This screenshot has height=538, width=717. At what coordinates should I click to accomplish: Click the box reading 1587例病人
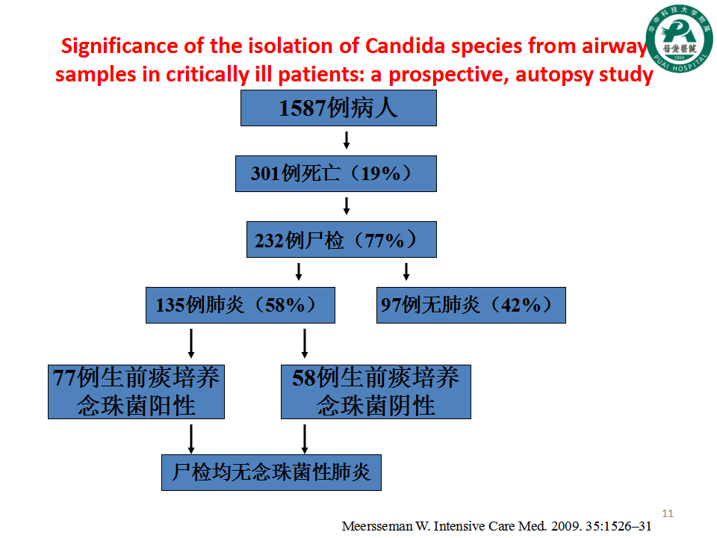click(x=338, y=108)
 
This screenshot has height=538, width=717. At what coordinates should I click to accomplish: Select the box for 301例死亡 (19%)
click(x=336, y=174)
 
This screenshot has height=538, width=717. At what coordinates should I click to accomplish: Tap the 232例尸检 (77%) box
click(x=341, y=240)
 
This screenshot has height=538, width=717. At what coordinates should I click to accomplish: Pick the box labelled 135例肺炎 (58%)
click(x=240, y=305)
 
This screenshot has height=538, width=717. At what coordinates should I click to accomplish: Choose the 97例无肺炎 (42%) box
click(x=471, y=305)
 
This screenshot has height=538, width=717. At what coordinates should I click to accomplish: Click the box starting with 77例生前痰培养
click(x=136, y=392)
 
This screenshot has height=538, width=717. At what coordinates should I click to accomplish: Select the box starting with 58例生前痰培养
click(x=376, y=392)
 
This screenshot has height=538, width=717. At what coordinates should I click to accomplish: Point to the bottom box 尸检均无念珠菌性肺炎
click(x=271, y=472)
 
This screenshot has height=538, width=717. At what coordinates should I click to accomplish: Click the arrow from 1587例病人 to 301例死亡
click(x=347, y=140)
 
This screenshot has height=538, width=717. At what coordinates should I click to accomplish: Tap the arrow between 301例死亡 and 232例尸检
click(x=347, y=206)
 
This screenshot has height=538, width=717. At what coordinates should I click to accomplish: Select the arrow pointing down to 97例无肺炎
click(x=406, y=272)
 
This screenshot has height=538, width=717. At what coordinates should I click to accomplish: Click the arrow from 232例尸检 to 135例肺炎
click(x=299, y=272)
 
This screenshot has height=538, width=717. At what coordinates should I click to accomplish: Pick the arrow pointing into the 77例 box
click(x=191, y=343)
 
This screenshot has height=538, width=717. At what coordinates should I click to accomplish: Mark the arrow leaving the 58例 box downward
click(x=305, y=439)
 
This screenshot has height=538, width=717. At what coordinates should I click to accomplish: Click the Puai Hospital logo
click(x=679, y=38)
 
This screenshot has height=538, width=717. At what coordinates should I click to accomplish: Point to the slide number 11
click(x=668, y=513)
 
